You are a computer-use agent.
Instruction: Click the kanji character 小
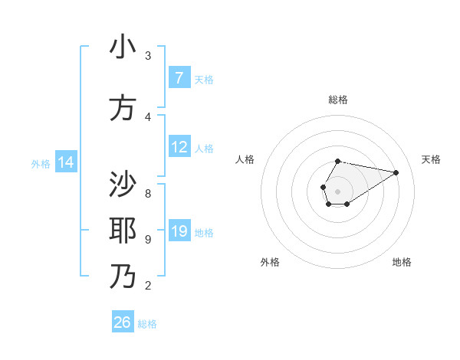[123, 47]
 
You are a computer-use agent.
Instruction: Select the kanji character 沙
[123, 185]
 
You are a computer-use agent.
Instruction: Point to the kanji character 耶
[123, 230]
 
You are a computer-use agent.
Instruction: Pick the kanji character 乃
[123, 276]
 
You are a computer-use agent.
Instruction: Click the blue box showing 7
[179, 78]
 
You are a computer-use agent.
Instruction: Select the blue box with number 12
[179, 147]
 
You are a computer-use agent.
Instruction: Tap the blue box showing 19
[179, 232]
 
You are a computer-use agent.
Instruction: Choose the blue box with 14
[66, 162]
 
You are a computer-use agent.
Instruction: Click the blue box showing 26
[122, 322]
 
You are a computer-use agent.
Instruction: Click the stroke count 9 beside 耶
[148, 239]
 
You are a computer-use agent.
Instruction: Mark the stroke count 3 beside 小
[148, 56]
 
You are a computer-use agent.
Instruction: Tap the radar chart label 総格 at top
[337, 100]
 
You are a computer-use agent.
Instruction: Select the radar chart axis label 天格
[431, 159]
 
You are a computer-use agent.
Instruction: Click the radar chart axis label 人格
[245, 159]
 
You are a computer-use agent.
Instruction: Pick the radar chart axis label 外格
[270, 262]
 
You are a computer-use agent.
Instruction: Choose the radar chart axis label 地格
[402, 262]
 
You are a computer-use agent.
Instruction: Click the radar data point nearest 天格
[396, 172]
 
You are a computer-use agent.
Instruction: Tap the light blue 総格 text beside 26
[147, 324]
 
